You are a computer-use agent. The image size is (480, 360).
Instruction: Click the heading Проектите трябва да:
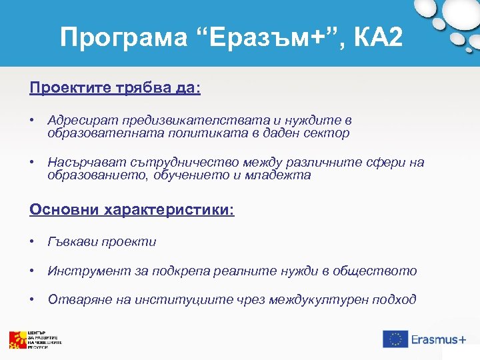click(115, 88)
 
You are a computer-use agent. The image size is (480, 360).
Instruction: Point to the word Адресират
click(81, 120)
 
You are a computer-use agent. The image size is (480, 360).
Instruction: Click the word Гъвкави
click(73, 241)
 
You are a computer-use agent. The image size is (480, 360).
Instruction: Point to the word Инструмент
click(81, 271)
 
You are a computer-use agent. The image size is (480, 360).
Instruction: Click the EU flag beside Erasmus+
click(395, 339)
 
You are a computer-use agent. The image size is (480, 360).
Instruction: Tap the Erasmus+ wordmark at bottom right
click(438, 339)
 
